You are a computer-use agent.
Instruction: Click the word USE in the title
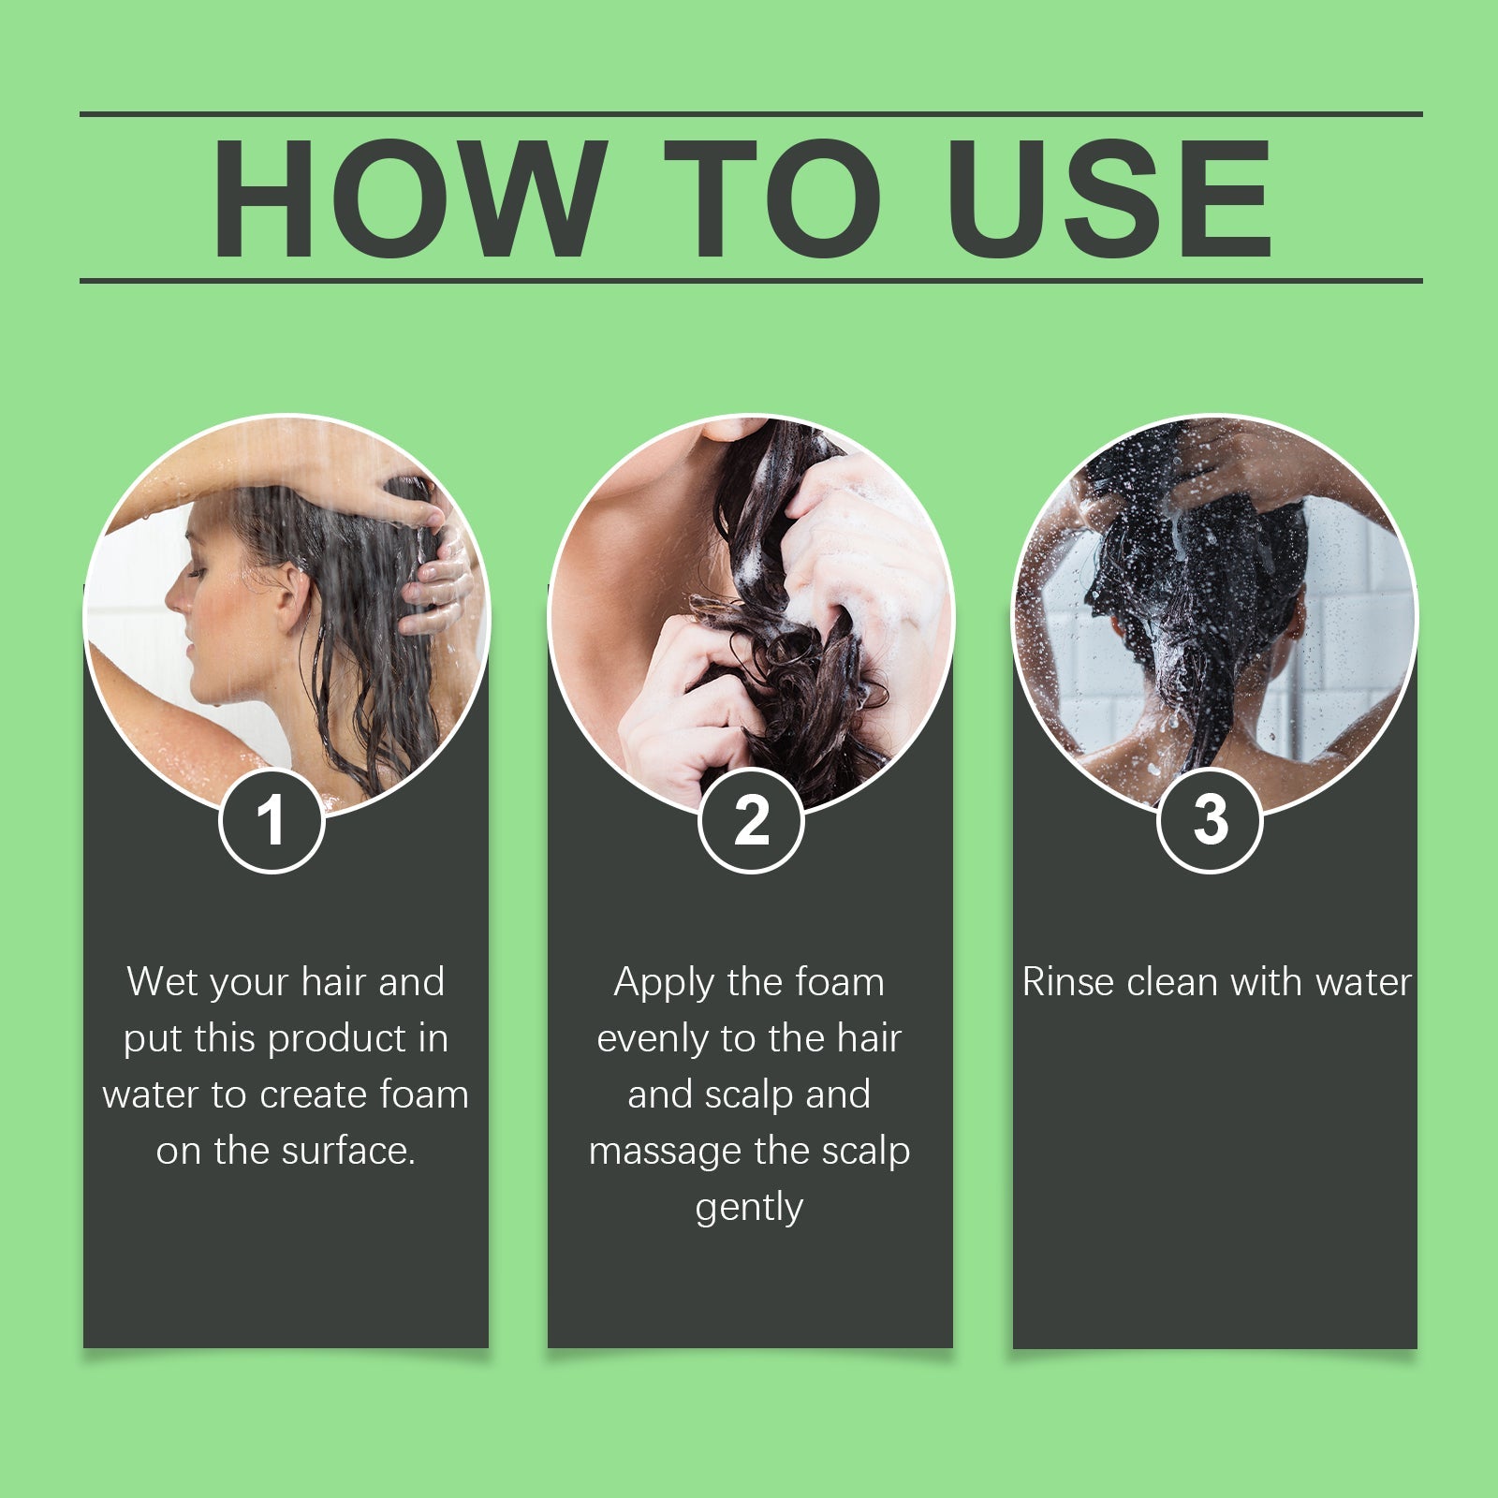click(x=1109, y=198)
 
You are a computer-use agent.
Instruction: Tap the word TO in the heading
click(x=772, y=198)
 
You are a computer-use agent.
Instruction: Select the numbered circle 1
click(x=272, y=821)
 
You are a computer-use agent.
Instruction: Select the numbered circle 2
click(x=751, y=821)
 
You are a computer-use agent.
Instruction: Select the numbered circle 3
click(x=1210, y=821)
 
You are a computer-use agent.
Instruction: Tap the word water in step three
click(x=1362, y=982)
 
